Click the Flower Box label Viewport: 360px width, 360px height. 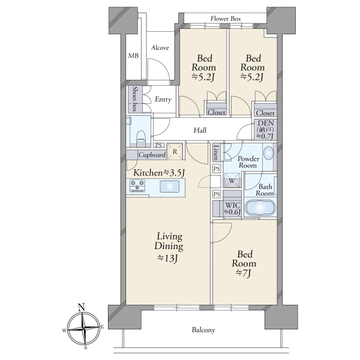(226, 19)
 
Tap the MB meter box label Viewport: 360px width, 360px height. (133, 56)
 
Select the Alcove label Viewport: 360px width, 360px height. (160, 48)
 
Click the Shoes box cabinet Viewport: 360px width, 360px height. (135, 99)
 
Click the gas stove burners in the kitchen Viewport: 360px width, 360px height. (137, 185)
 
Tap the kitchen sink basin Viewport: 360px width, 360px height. (169, 186)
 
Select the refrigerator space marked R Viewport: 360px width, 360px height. (175, 151)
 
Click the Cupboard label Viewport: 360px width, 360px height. (152, 155)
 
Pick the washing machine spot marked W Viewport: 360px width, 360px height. (232, 181)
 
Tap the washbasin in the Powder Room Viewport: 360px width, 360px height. (268, 153)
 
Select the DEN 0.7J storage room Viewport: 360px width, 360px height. (265, 130)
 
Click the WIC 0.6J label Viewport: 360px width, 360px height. (233, 208)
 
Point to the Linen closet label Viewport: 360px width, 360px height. (216, 152)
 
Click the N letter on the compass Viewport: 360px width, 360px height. (81, 307)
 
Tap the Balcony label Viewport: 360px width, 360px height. (203, 330)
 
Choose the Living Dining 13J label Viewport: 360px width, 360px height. (169, 247)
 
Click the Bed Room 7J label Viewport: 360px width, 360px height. (244, 263)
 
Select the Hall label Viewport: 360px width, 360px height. (200, 130)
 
